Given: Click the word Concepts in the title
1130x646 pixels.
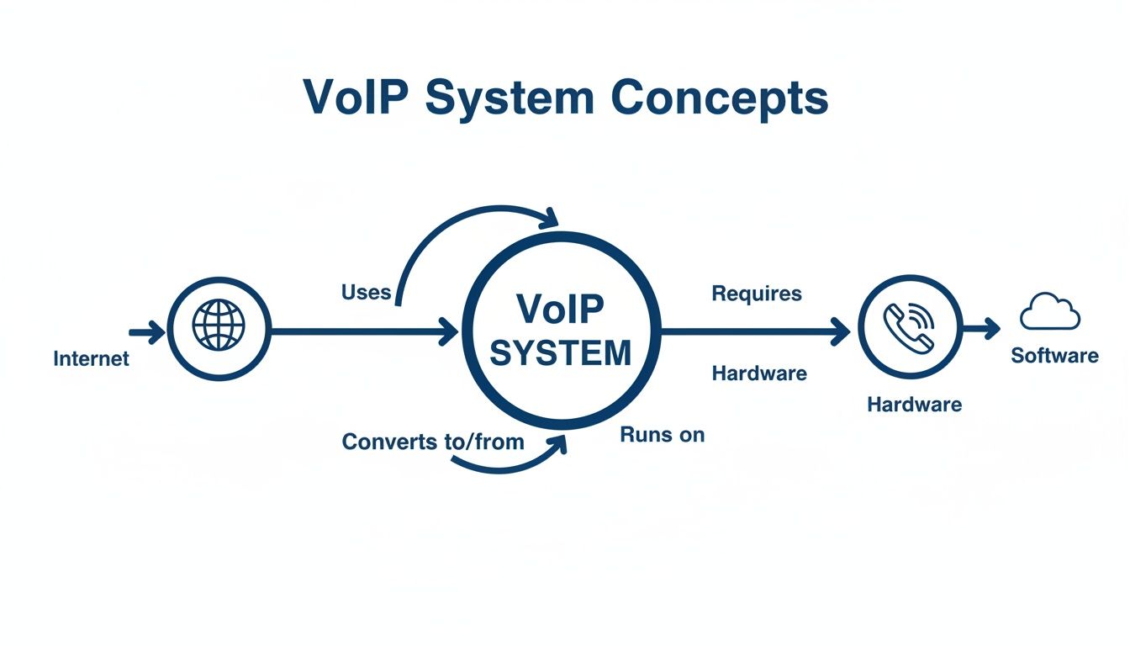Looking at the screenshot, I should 720,98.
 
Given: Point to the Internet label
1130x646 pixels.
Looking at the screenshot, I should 91,359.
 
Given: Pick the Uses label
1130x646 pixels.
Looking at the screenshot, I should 366,292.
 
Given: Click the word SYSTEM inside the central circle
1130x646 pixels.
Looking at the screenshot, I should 560,354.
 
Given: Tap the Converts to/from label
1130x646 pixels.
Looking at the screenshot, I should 433,442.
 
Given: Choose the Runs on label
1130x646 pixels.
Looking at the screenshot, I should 662,435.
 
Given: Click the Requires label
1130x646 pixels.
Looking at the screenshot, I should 757,294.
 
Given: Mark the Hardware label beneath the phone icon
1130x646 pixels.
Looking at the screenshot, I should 914,405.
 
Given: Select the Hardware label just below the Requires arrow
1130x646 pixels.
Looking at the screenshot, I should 759,373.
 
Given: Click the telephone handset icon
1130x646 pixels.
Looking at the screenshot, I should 909,326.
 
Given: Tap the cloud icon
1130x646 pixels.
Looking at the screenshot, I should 1049,313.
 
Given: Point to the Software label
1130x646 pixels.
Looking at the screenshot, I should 1054,356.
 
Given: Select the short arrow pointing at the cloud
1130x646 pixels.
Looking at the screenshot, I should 981,328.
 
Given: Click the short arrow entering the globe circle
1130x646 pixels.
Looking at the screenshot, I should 147,332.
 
